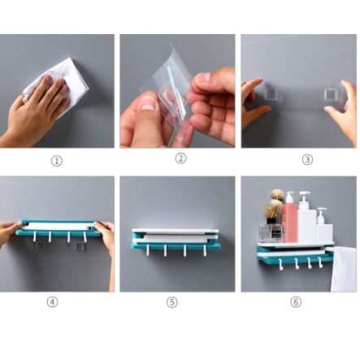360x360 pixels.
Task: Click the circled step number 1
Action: point(57,162)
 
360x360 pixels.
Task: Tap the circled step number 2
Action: point(181,158)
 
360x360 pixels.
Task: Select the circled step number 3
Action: point(307,159)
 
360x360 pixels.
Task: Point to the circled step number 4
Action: point(53,301)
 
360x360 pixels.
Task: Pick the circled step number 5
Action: point(172,302)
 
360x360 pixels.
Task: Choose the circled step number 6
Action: point(296,301)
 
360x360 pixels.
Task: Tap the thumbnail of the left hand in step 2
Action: point(148,104)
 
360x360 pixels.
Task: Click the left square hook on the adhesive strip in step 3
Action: point(271,93)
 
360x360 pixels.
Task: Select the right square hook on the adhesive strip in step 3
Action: point(332,94)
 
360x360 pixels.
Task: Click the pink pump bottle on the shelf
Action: point(289,217)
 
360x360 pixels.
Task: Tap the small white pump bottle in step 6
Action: point(323,225)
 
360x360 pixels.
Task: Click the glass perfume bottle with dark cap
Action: point(271,231)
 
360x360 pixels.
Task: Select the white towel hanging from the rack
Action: point(344,269)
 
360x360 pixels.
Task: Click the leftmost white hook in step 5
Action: point(147,250)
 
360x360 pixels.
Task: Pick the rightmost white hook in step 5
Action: point(205,250)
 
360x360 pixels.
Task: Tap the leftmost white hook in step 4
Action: point(34,236)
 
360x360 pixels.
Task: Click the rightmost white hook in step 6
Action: point(320,262)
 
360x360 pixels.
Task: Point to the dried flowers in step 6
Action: point(274,202)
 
